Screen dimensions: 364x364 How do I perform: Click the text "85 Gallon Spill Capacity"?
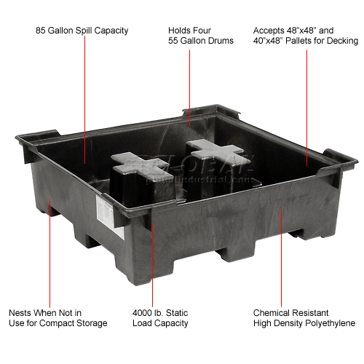[82, 31]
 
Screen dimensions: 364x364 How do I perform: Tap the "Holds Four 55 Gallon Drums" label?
[200, 36]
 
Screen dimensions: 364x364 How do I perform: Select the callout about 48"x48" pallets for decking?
[306, 36]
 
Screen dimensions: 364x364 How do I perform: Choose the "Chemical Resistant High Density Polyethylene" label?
[305, 318]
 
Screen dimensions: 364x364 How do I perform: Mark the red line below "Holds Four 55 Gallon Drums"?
[190, 80]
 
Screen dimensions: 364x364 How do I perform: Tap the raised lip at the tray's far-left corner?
[36, 134]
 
